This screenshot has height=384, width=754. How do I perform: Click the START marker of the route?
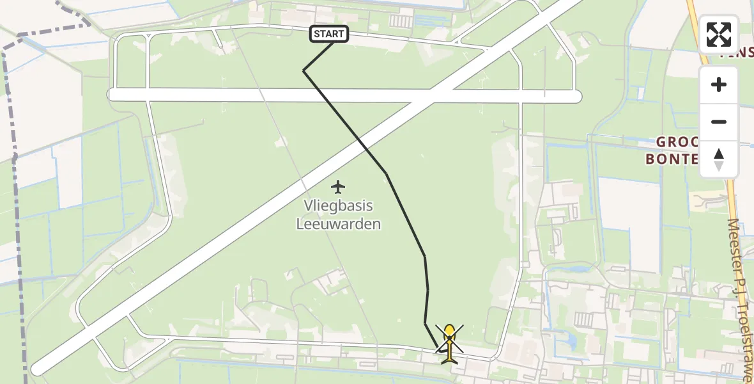[329, 34]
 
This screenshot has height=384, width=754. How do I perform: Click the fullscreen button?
[719, 35]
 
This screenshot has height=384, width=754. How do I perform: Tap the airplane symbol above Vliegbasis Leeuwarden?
[338, 187]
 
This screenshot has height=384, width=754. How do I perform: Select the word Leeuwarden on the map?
[338, 224]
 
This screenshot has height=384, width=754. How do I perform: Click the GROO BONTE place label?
[671, 150]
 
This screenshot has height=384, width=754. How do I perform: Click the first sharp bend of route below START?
[304, 70]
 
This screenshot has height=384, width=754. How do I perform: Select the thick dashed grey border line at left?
[17, 211]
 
